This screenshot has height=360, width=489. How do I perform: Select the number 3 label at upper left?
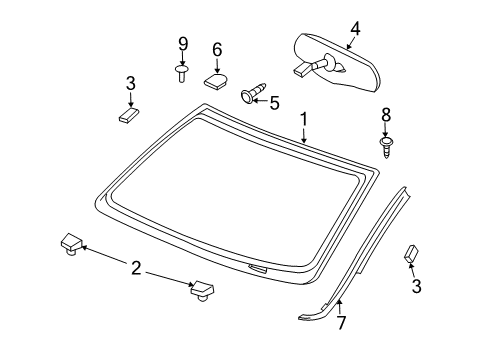[x=130, y=84]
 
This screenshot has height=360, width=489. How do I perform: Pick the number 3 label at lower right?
[x=418, y=287]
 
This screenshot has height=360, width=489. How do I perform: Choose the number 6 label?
[x=217, y=48]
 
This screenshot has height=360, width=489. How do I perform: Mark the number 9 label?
[x=183, y=43]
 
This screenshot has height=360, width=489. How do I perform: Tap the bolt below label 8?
[x=386, y=144]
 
